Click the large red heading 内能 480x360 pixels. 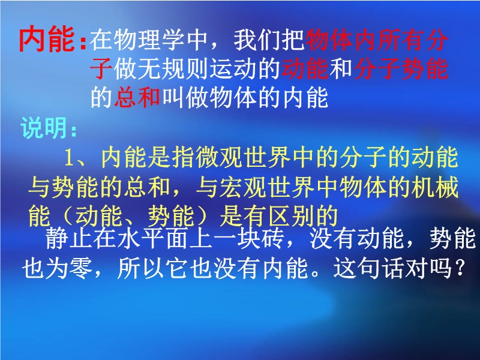click(x=47, y=39)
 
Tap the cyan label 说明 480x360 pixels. click(x=43, y=128)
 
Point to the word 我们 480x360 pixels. click(x=258, y=40)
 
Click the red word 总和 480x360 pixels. click(x=138, y=98)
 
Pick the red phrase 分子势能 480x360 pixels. click(x=401, y=68)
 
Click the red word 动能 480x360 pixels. click(x=305, y=68)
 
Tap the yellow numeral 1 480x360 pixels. click(x=69, y=158)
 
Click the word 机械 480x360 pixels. click(x=434, y=187)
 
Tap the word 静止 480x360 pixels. click(x=69, y=238)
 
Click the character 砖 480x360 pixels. click(x=273, y=238)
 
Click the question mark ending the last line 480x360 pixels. click(x=460, y=268)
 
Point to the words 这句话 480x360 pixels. click(x=368, y=268)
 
